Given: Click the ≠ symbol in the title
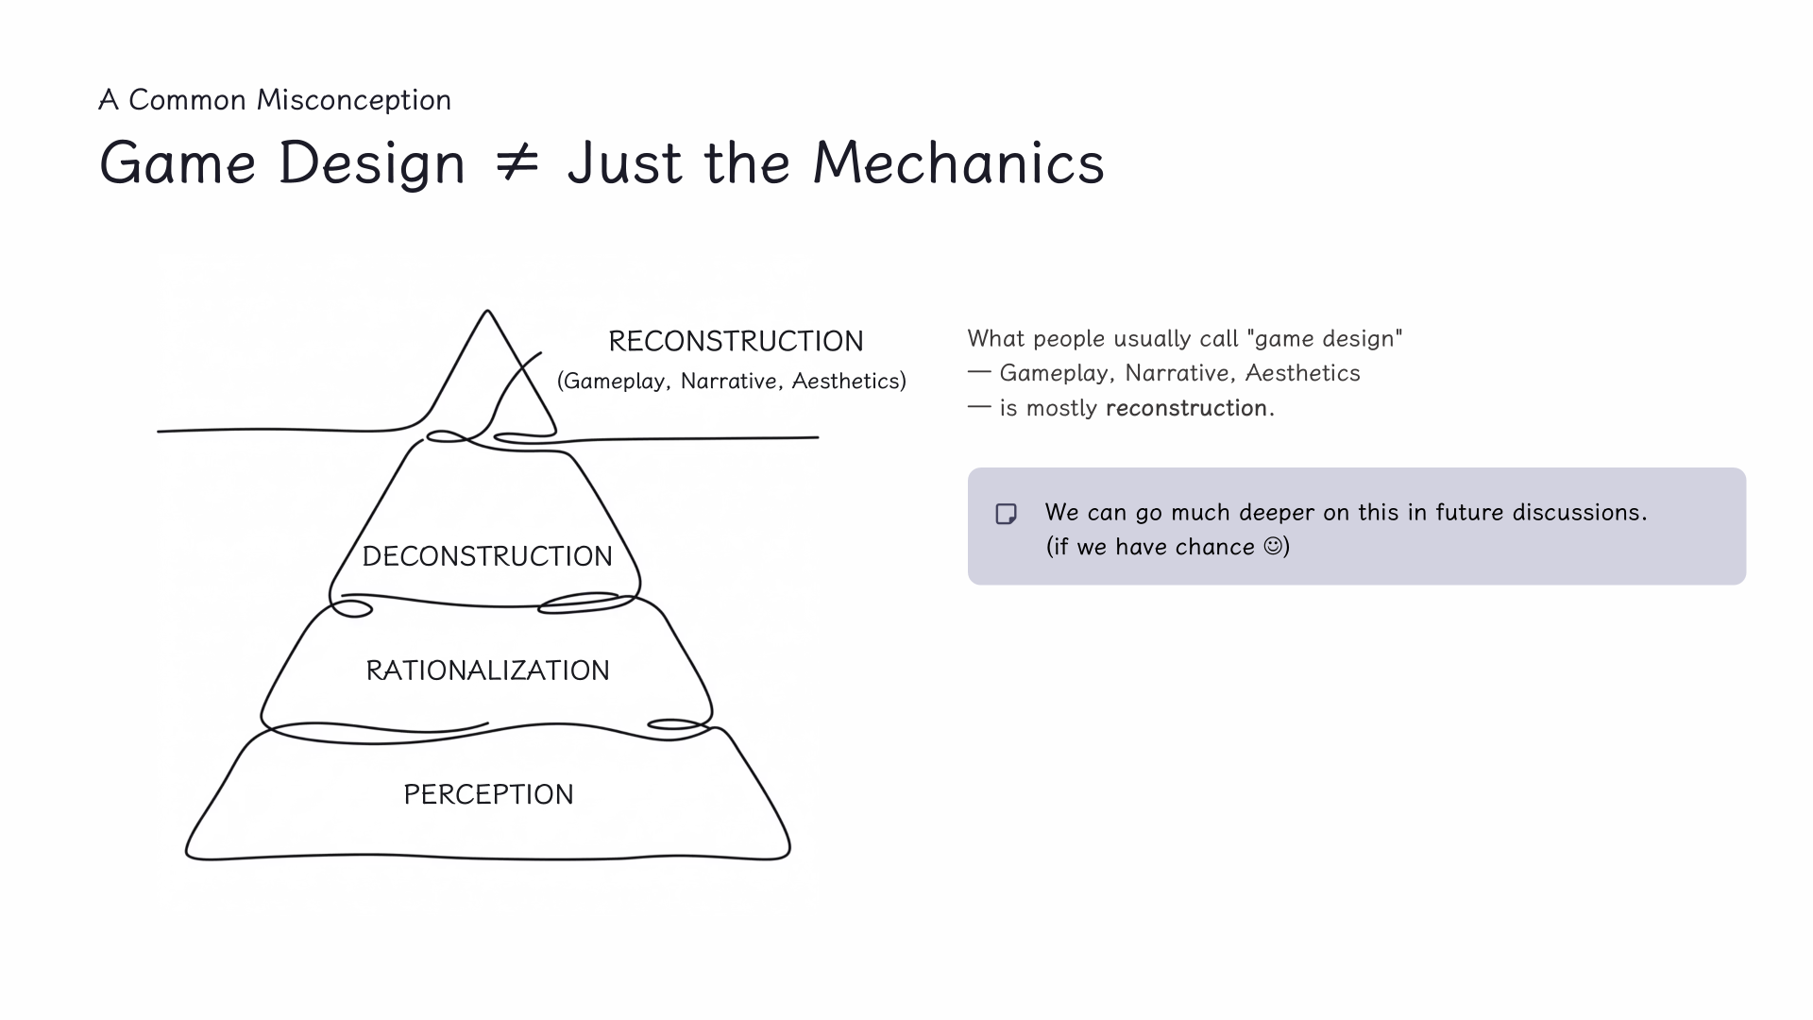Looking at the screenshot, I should [517, 162].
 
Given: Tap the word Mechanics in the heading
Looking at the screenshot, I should [958, 162].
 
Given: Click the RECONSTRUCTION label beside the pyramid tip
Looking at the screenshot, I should [736, 341].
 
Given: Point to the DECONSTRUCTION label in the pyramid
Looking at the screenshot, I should [487, 556].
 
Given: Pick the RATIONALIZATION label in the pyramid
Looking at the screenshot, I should [487, 671].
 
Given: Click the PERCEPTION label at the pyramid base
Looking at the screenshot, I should [488, 794].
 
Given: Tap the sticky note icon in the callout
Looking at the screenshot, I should [1007, 514].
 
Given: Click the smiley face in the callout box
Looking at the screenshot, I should [1273, 546].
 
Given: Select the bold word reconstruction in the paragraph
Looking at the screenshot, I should [1186, 408].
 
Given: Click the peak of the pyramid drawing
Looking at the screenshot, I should [487, 312].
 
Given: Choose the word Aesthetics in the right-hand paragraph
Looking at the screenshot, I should [1302, 373].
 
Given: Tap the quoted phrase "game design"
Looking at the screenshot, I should [1328, 338].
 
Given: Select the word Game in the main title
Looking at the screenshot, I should [178, 162].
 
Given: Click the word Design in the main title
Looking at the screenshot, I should [372, 162].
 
